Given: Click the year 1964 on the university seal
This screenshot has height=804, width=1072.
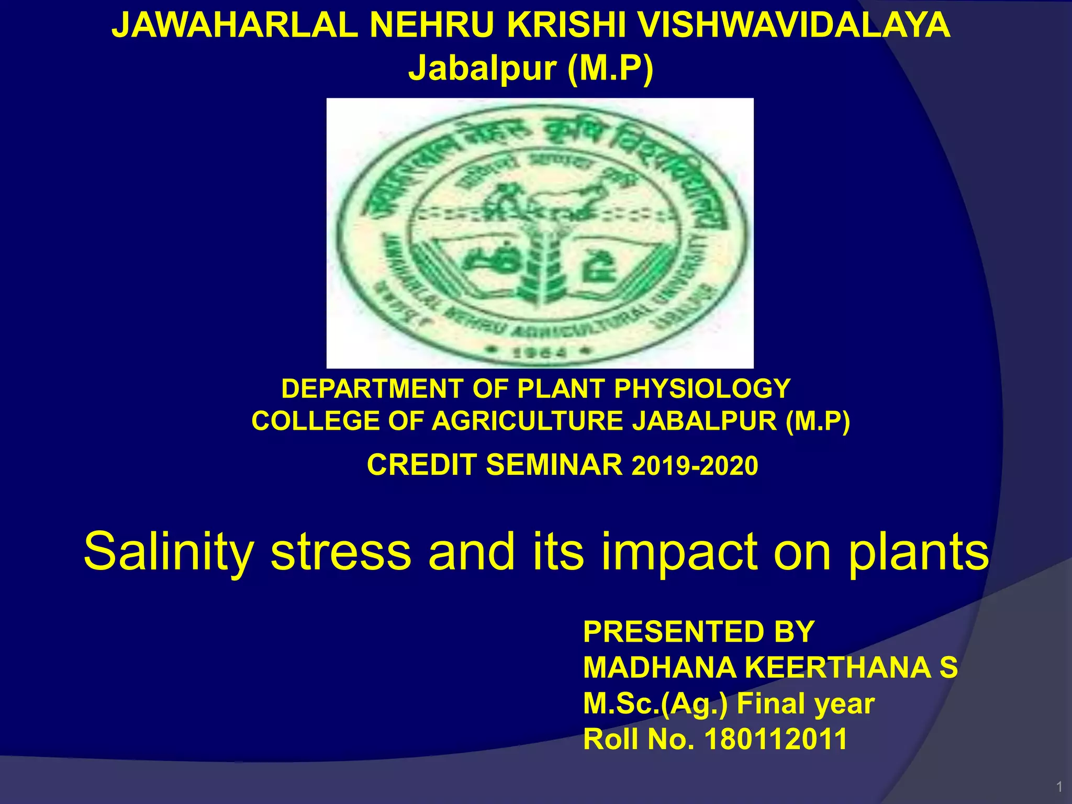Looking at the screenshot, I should (540, 353).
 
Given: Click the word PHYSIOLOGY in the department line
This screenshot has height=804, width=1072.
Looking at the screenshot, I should (701, 389).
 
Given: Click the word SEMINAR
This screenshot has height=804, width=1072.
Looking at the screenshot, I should (554, 465).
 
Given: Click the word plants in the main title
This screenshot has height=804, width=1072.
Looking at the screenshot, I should (919, 553).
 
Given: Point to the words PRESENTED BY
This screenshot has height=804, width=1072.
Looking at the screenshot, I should (699, 632).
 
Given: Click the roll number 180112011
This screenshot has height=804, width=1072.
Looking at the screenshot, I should (776, 740).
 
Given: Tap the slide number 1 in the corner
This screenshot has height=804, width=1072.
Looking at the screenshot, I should (1059, 787).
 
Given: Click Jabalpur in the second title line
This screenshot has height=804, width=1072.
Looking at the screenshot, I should (482, 69).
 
